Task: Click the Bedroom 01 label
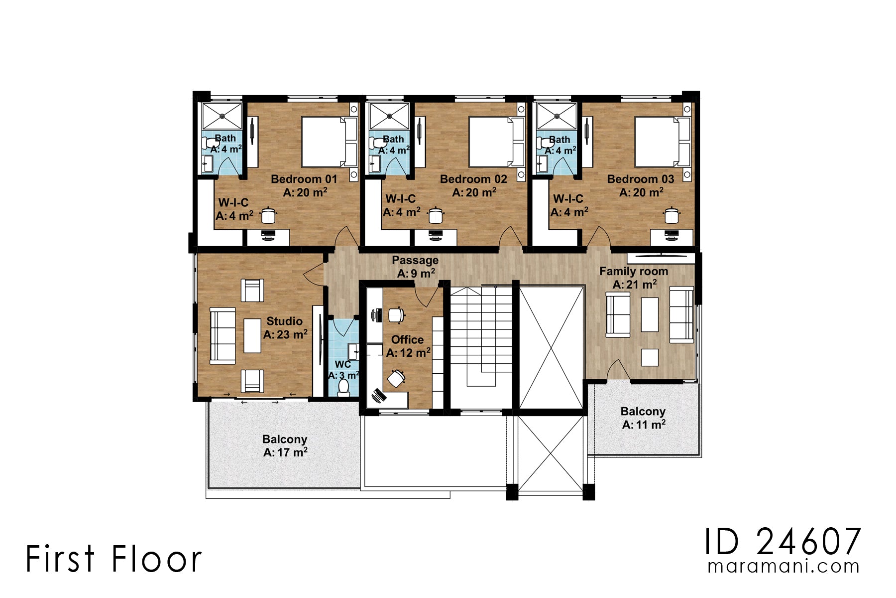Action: tap(304, 179)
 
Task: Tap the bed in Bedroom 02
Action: tap(491, 142)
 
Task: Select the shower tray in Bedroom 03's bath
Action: tap(557, 117)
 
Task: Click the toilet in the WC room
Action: tap(343, 387)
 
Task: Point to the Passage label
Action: tap(415, 261)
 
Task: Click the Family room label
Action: tap(634, 272)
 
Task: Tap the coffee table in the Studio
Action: tap(252, 336)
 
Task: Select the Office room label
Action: tap(407, 340)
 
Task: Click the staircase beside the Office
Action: tap(481, 339)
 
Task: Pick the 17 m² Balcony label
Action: tap(285, 440)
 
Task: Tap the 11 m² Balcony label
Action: tap(643, 412)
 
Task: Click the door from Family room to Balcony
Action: tap(618, 371)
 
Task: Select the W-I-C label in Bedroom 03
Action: tap(568, 199)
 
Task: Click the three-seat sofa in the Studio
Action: tap(223, 335)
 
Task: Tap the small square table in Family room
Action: tap(650, 357)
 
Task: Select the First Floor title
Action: tap(113, 559)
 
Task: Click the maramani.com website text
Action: tap(784, 567)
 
